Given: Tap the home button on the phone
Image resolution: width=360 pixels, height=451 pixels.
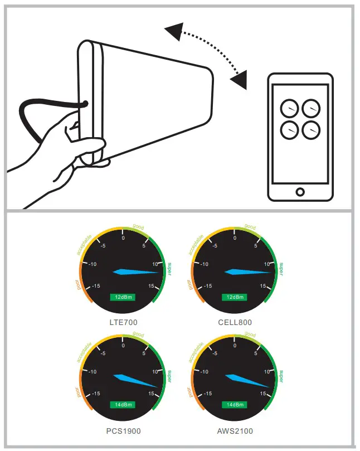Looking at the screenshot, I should (300, 192).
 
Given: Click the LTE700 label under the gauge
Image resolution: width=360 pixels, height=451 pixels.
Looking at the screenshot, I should (123, 322).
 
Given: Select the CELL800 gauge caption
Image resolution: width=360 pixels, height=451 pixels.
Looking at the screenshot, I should (235, 322).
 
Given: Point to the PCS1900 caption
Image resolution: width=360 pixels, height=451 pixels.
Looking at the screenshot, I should (123, 431).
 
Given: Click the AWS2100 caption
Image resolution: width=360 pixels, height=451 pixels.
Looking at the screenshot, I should (235, 431).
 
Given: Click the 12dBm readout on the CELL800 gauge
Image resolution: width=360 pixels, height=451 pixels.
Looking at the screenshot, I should (234, 297).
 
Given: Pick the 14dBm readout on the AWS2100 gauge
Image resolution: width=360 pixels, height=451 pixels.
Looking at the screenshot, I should (234, 405).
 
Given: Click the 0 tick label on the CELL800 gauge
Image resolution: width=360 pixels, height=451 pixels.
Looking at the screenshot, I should (235, 238).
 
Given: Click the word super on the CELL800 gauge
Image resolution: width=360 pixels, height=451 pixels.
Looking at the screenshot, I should (281, 268).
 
